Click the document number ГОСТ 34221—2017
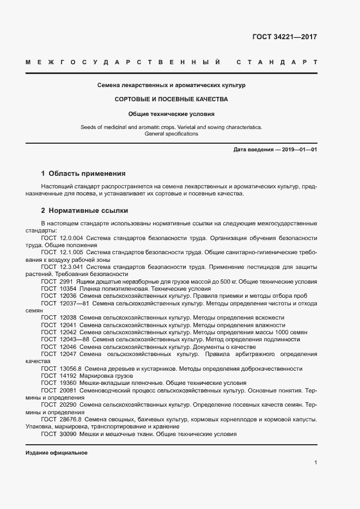click(284, 38)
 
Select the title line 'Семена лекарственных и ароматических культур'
click(172, 85)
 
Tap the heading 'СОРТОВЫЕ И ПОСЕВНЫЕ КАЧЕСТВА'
click(172, 100)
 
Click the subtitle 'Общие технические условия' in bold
click(172, 114)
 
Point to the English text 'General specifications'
click(172, 134)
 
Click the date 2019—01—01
click(298, 150)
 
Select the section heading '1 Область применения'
click(83, 174)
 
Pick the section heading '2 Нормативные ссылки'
click(84, 210)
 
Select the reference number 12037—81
click(75, 303)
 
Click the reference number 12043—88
click(75, 339)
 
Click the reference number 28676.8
click(70, 420)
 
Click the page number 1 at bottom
click(315, 463)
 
